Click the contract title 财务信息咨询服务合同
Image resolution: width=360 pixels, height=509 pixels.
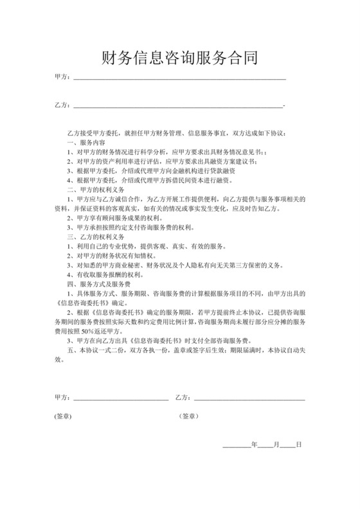tap(180, 59)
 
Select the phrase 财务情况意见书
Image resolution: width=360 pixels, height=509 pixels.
tap(233, 152)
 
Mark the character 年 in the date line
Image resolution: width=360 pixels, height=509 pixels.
tap(255, 445)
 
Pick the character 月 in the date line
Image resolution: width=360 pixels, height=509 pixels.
tap(276, 445)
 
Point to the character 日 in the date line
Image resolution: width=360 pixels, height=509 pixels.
tap(298, 445)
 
